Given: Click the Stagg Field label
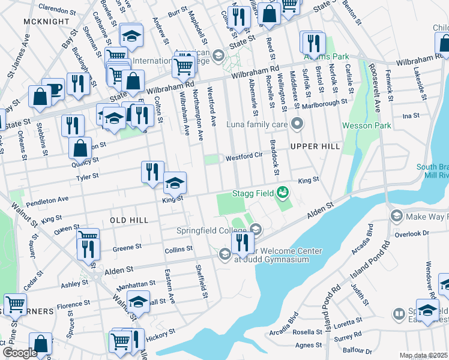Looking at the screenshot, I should tap(253, 193).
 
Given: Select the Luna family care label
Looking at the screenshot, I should tap(259, 125).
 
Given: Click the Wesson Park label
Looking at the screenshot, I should tap(366, 125).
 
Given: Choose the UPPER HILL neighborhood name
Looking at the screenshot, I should tap(315, 146).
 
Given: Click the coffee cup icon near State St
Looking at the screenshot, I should tap(53, 89).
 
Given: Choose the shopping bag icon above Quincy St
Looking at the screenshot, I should tap(80, 148).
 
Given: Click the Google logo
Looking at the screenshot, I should tap(20, 353).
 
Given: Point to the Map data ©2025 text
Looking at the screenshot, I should tap(423, 355).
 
